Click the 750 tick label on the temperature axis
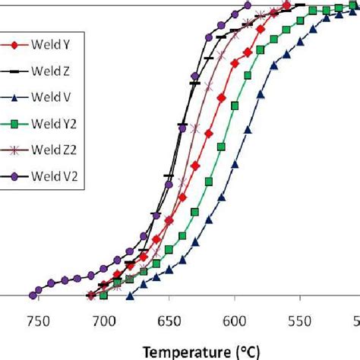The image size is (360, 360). point(37,321)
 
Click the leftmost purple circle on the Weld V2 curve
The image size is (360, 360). point(33,295)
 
